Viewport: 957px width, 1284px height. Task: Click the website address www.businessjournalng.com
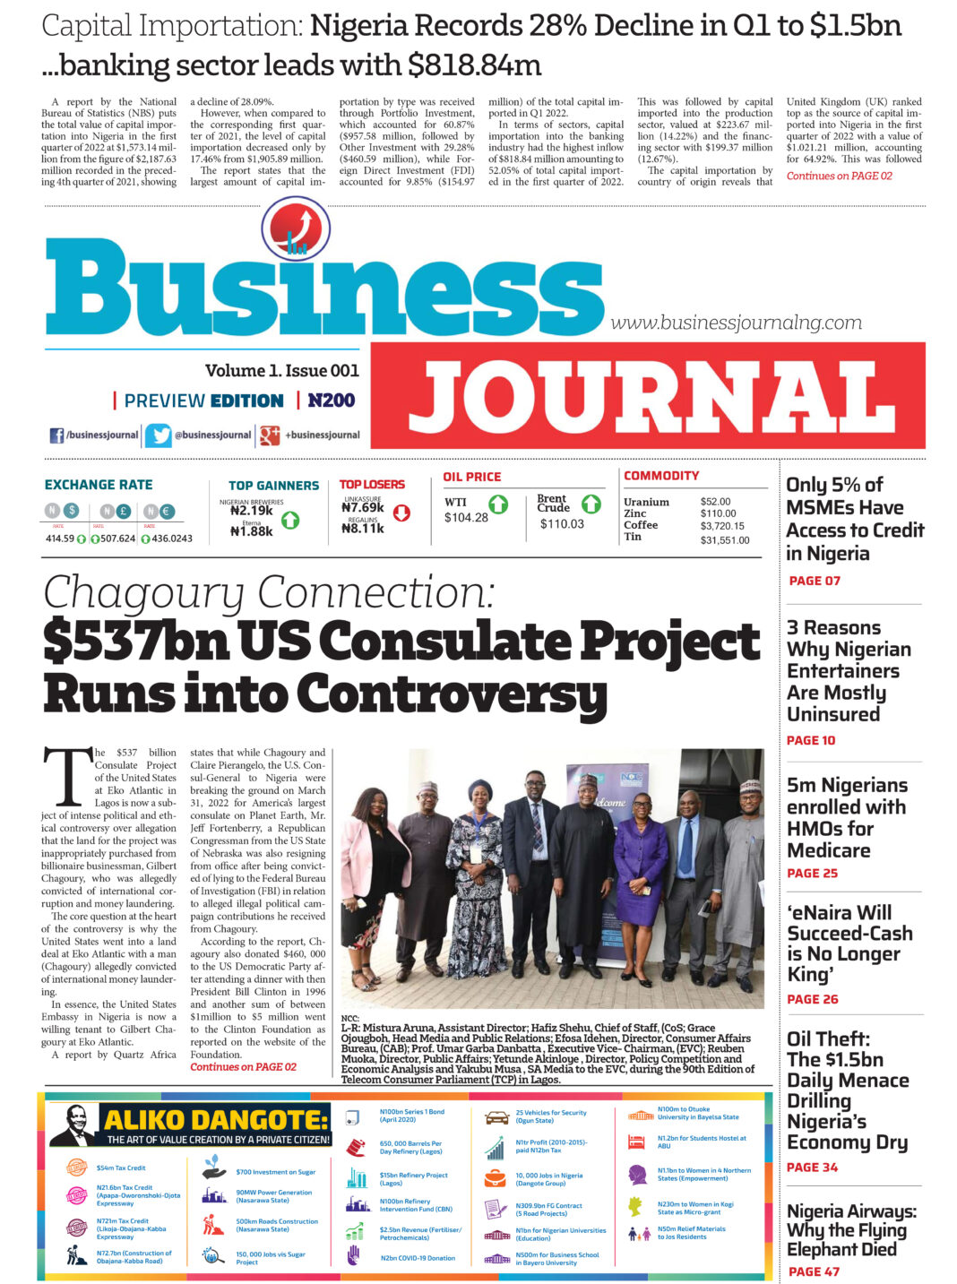(736, 323)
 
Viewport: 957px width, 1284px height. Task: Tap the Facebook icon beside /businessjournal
(56, 435)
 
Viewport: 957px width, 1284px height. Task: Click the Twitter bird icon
(159, 435)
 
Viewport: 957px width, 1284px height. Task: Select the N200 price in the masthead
(331, 401)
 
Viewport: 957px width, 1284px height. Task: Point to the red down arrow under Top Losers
(401, 513)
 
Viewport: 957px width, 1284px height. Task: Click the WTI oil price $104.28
(466, 518)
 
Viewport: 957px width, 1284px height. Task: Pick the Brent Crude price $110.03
(561, 524)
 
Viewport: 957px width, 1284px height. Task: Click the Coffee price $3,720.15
(722, 526)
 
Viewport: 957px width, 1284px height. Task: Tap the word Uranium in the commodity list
(646, 502)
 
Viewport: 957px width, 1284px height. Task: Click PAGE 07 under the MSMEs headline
(814, 581)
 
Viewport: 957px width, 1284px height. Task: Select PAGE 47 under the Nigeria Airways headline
(814, 1271)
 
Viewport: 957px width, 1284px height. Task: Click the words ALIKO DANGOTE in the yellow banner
(216, 1120)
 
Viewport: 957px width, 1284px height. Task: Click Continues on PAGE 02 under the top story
(839, 176)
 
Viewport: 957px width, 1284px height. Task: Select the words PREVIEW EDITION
(203, 401)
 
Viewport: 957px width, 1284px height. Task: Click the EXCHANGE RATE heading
(99, 485)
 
